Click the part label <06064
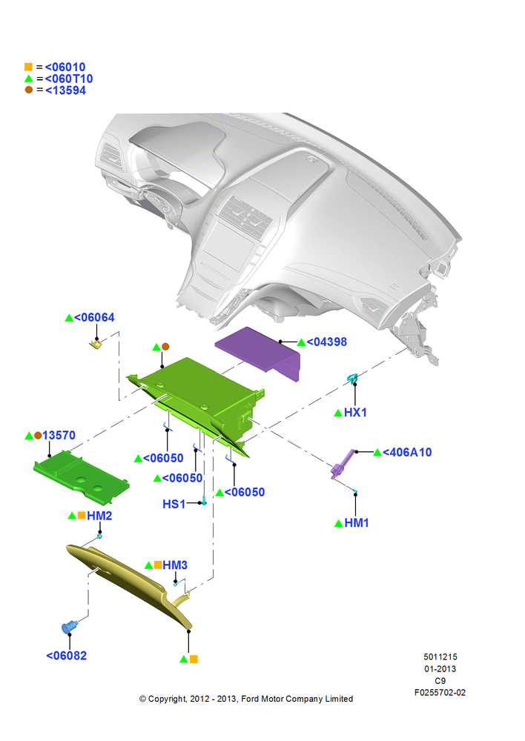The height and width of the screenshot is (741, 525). [x=94, y=318]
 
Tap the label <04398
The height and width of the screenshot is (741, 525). [x=327, y=342]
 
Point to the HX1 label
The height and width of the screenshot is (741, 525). [x=355, y=413]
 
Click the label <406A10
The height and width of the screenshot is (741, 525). [x=407, y=452]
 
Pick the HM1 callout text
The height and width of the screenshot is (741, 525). [x=357, y=523]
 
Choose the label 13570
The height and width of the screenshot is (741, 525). [x=59, y=435]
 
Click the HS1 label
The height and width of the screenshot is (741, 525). [x=174, y=504]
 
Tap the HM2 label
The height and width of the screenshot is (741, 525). [x=99, y=516]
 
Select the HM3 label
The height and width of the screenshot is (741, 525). [x=175, y=565]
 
